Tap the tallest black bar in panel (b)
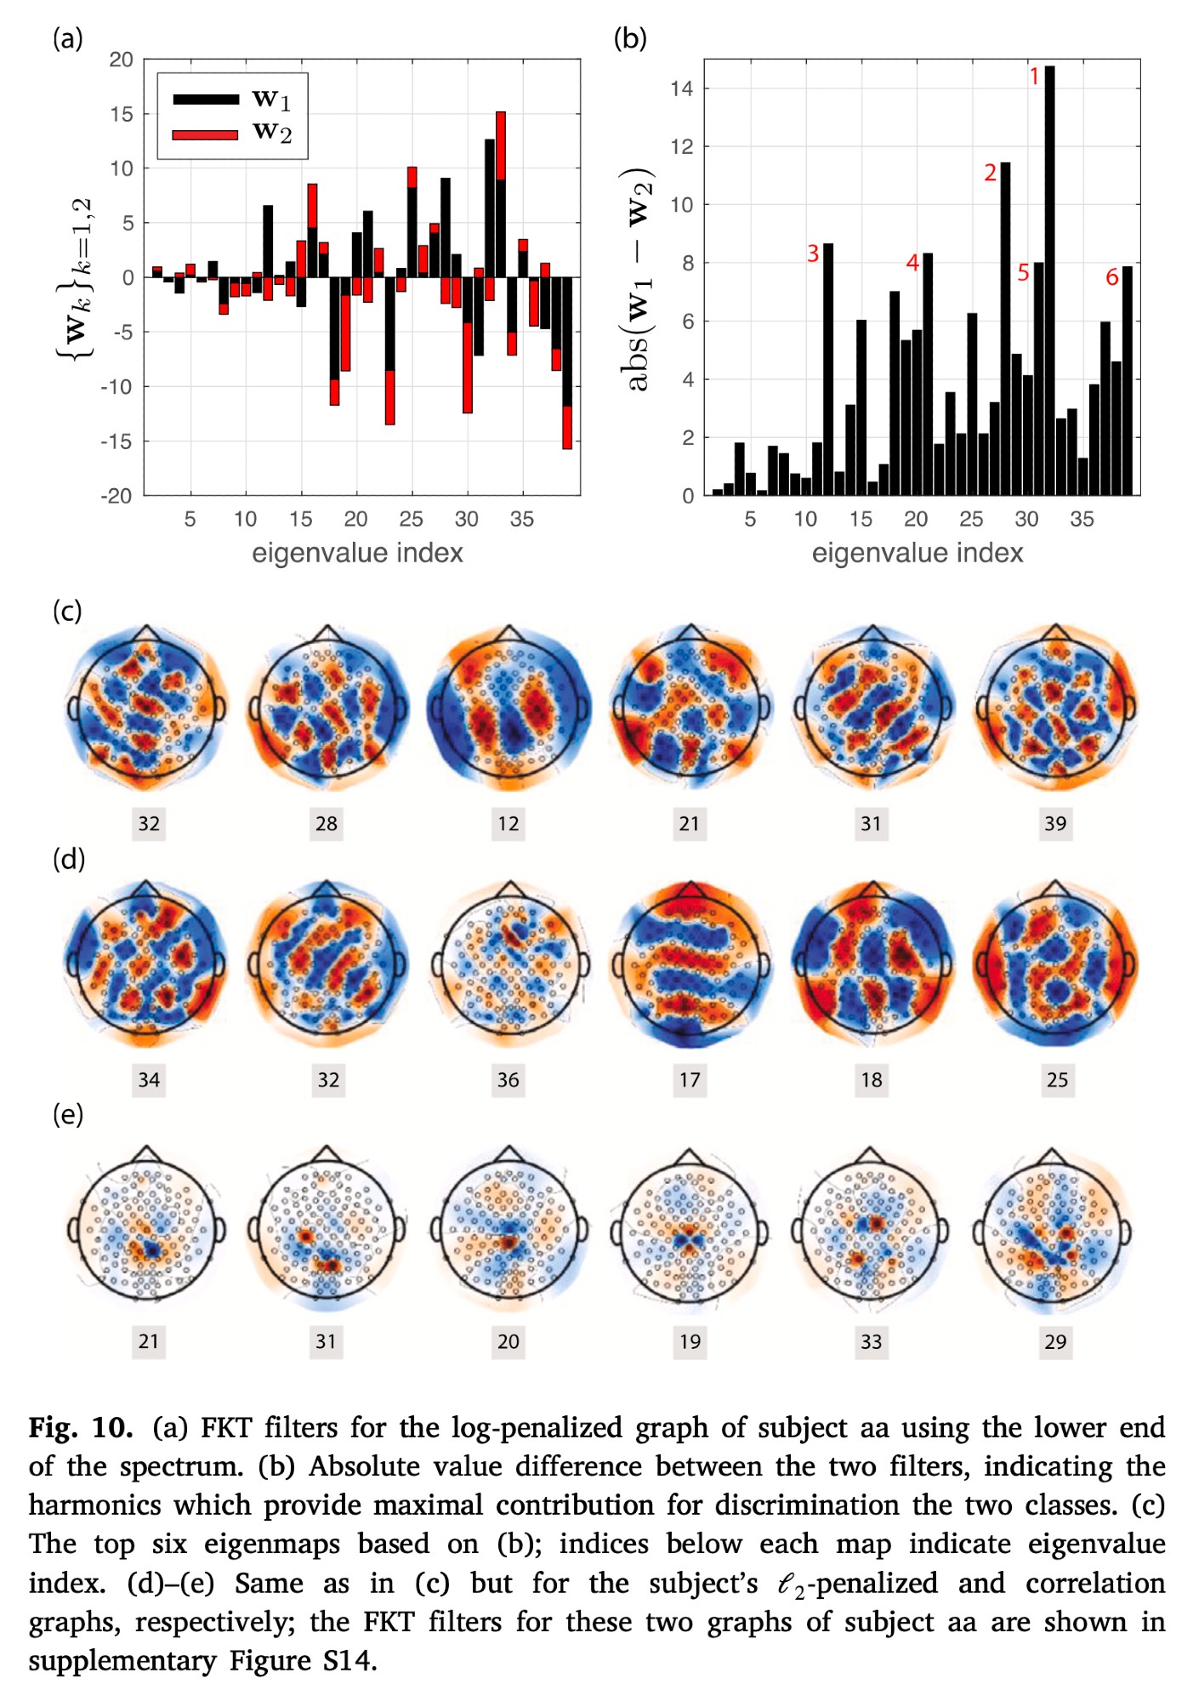(x=1050, y=281)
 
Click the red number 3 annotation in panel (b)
(x=813, y=253)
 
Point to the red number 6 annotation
(x=1111, y=277)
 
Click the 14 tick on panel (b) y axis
(x=681, y=88)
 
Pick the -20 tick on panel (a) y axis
(x=117, y=496)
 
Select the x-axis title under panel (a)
(x=357, y=554)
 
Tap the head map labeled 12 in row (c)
(x=508, y=706)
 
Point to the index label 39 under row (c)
(x=1055, y=823)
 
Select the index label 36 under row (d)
(x=508, y=1080)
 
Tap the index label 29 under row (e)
(x=1055, y=1341)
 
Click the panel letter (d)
(x=69, y=859)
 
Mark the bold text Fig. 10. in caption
(x=81, y=1427)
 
